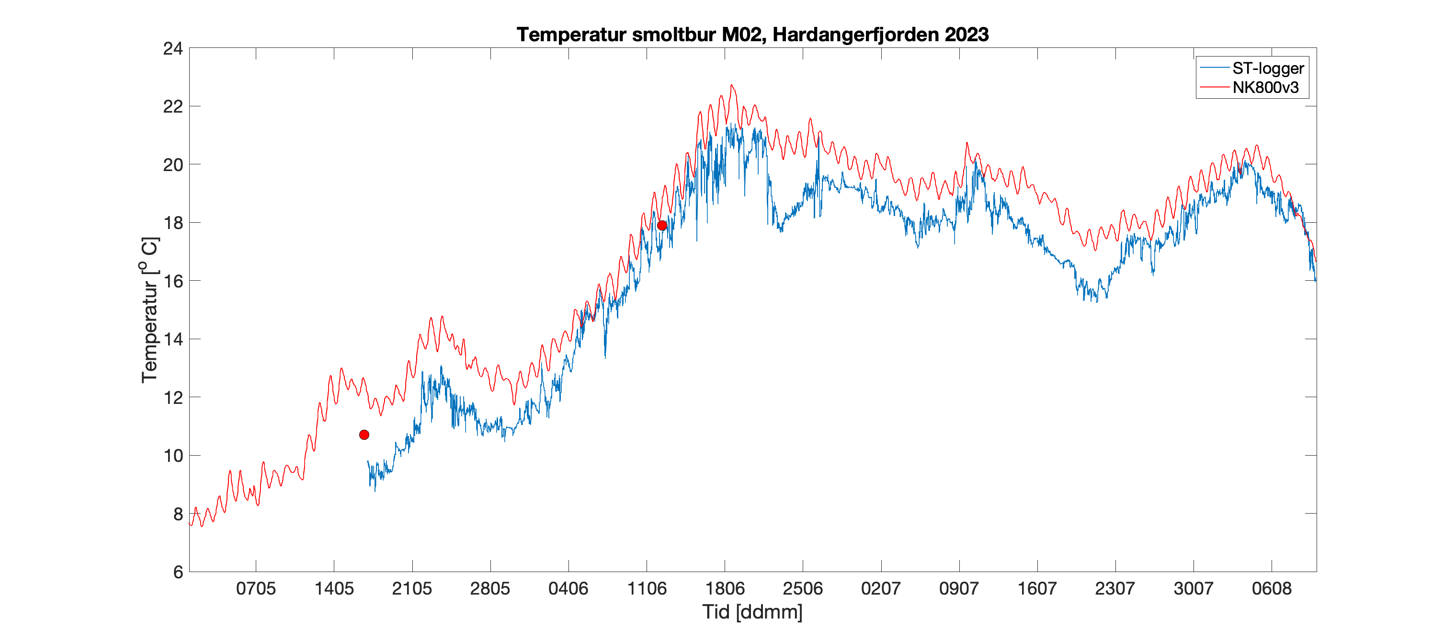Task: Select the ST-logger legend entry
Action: pyautogui.click(x=1267, y=69)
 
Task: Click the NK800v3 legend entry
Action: pyautogui.click(x=1265, y=88)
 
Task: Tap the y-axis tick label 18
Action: pyautogui.click(x=173, y=223)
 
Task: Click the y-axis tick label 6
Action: pyautogui.click(x=178, y=572)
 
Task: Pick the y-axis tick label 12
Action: pyautogui.click(x=173, y=397)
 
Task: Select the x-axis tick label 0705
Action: pyautogui.click(x=256, y=588)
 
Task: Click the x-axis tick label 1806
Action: pyautogui.click(x=725, y=588)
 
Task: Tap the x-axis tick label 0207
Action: pyautogui.click(x=881, y=588)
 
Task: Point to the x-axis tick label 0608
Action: pyautogui.click(x=1272, y=588)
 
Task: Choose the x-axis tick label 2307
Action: pyautogui.click(x=1115, y=588)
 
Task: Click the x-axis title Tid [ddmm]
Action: pyautogui.click(x=752, y=611)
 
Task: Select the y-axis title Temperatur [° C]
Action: pyautogui.click(x=150, y=310)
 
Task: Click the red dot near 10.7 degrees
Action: pyautogui.click(x=364, y=435)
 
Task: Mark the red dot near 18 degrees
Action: pyautogui.click(x=662, y=226)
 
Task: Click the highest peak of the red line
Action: pyautogui.click(x=731, y=85)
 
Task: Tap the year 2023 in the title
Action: pyautogui.click(x=966, y=34)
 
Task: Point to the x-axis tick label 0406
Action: pyautogui.click(x=568, y=588)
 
